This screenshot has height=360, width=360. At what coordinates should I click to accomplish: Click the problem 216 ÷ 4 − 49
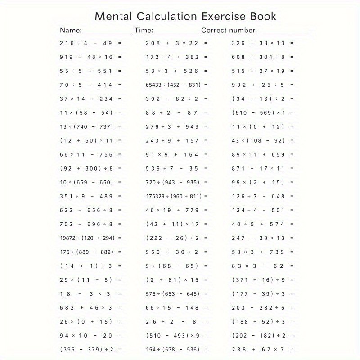click(86, 43)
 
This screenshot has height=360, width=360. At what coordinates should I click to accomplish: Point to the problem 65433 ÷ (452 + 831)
click(173, 85)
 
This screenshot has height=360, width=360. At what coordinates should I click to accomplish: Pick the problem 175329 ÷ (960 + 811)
click(173, 196)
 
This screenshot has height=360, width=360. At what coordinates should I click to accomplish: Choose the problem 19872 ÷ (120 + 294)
click(87, 238)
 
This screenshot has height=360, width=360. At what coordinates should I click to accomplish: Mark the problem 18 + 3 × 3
click(85, 293)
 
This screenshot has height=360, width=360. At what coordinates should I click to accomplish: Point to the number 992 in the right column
click(239, 85)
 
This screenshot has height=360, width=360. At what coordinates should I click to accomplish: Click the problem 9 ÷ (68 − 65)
click(172, 266)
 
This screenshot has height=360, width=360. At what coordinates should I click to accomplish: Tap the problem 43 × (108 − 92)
click(259, 141)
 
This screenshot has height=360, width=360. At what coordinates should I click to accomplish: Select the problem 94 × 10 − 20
click(86, 335)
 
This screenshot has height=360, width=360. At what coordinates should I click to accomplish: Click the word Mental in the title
click(112, 17)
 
